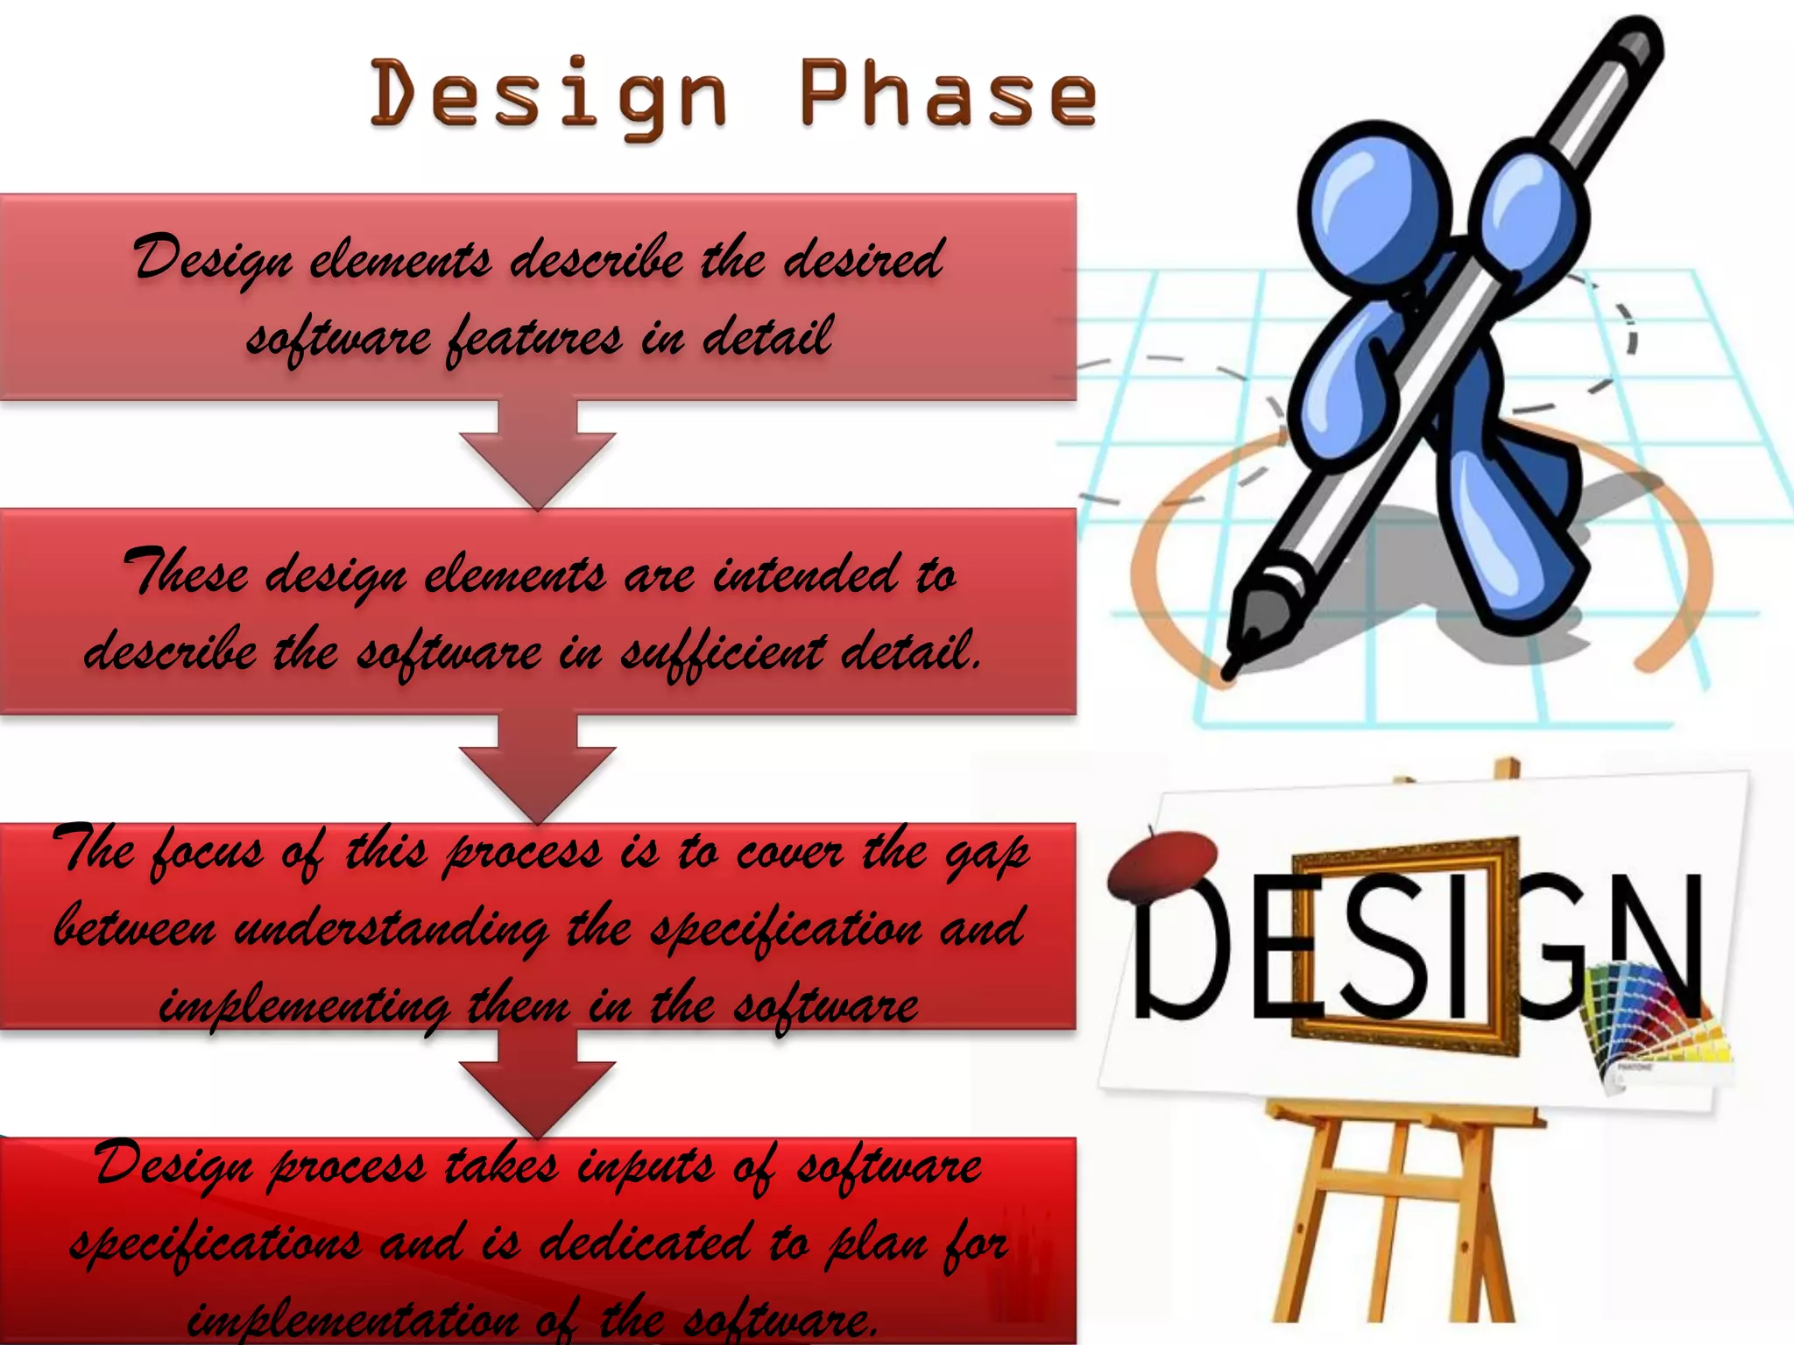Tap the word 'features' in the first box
(534, 338)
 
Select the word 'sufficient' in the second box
(723, 652)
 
